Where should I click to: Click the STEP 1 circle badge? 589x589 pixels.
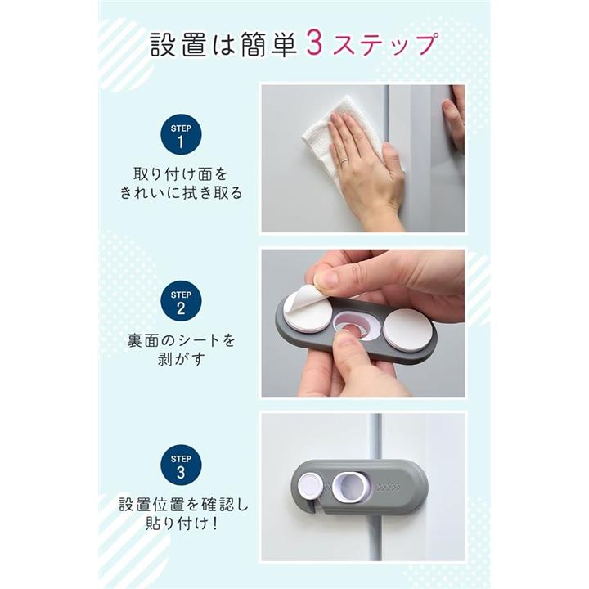pos(181,134)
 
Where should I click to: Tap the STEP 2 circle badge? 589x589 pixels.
pos(181,301)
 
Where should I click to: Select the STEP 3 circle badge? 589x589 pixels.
pos(181,465)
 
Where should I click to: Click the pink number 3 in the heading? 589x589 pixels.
pos(315,44)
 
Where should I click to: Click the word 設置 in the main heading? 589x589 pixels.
pos(178,44)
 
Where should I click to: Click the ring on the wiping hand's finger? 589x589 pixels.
pos(344,161)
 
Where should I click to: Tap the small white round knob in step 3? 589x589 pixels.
pos(311,487)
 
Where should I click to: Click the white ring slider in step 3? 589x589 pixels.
pos(353,488)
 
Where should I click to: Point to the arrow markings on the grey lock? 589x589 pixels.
pos(388,488)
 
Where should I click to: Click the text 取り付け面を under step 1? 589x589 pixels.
pos(181,174)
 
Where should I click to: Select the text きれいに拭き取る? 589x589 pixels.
pos(181,193)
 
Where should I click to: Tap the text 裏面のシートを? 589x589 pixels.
pos(181,340)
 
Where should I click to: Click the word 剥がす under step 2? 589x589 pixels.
pos(181,359)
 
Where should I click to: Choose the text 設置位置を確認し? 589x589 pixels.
pos(184,505)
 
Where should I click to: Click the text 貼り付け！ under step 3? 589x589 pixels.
pos(182,524)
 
